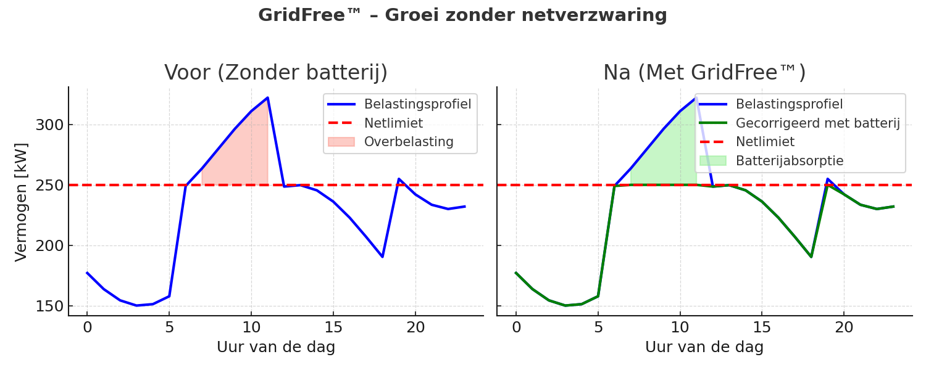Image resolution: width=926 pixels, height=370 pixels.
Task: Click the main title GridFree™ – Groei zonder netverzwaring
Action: click(462, 15)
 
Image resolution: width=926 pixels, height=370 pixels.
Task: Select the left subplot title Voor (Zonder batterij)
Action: click(276, 73)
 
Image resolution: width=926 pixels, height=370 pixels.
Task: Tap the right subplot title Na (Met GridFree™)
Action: click(704, 73)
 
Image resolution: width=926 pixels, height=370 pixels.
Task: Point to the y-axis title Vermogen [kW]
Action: click(21, 201)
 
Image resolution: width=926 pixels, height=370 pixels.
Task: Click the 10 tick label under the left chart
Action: click(251, 327)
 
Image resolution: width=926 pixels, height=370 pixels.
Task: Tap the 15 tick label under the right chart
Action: click(762, 327)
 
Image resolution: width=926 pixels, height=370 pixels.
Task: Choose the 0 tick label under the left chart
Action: click(87, 327)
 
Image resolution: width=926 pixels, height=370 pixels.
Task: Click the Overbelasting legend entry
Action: click(409, 142)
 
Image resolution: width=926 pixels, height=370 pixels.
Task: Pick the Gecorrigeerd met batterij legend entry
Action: click(817, 123)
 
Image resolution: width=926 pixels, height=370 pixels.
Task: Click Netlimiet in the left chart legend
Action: click(393, 123)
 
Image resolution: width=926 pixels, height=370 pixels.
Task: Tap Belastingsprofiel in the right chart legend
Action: click(789, 104)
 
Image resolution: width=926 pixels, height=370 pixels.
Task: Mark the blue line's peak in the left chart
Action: click(267, 97)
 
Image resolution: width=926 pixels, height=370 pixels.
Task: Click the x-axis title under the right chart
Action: click(704, 347)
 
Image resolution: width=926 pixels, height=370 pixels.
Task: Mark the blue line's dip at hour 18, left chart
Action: click(382, 257)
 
